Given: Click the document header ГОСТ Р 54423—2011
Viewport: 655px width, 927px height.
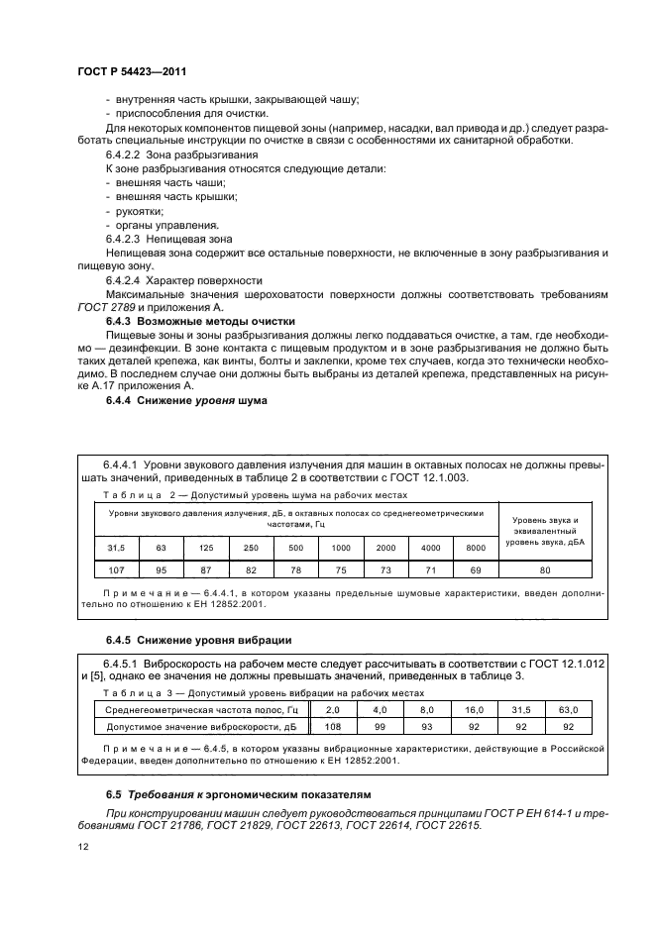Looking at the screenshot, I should click(131, 72).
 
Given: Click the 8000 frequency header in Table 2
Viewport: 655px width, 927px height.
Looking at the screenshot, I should click(475, 547).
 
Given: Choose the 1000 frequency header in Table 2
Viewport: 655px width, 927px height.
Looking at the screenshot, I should click(341, 547).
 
